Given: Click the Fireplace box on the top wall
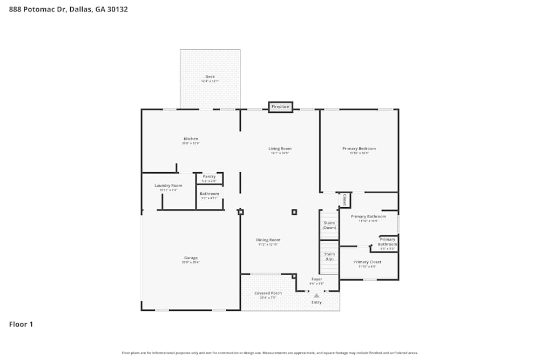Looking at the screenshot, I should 280,107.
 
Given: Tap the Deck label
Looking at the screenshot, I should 210,77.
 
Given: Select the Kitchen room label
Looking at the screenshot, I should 191,139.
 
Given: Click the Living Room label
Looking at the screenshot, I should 280,149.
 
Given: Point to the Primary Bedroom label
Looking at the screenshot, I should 359,149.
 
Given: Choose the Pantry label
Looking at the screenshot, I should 209,176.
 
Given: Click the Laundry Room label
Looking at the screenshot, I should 168,186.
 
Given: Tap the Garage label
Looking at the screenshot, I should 191,258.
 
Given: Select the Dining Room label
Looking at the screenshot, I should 268,240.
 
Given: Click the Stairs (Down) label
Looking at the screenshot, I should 329,225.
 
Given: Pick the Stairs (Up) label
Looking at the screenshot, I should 329,256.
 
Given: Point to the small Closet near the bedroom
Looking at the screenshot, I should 344,200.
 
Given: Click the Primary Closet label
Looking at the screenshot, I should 367,262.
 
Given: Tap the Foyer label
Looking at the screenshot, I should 316,280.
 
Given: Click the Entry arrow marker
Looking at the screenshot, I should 316,295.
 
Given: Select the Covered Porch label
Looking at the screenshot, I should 268,294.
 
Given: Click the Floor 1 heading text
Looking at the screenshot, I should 21,324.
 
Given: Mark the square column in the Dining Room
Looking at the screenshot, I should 294,212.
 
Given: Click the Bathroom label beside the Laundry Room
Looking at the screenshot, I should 209,194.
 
